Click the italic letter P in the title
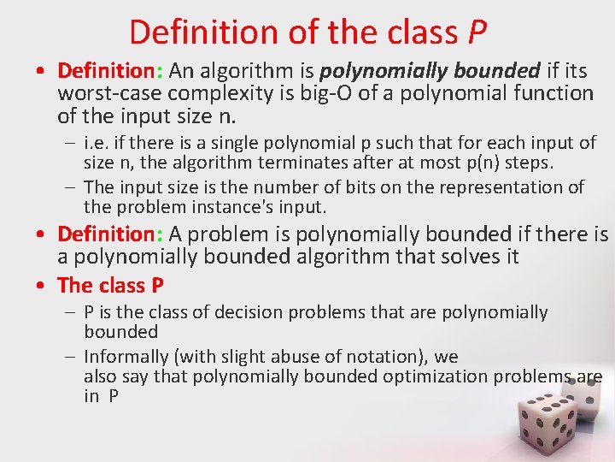477,32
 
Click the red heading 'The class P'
110,285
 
